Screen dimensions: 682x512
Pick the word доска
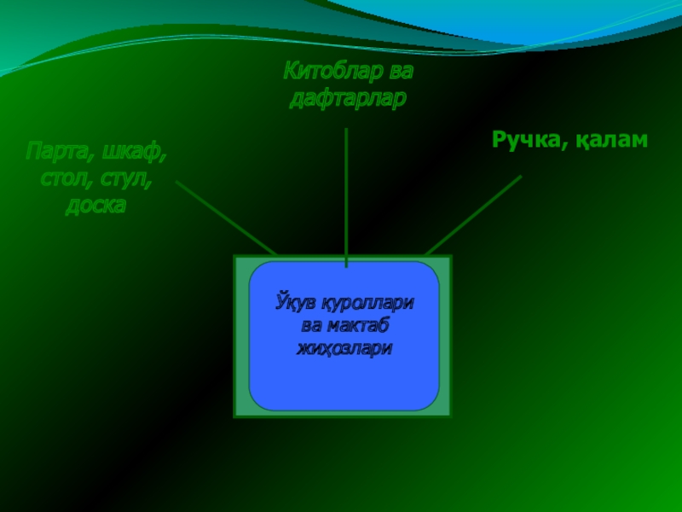(x=95, y=207)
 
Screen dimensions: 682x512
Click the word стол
(x=66, y=180)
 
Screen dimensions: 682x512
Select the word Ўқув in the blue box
(x=287, y=303)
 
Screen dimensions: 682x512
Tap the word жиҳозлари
(x=344, y=348)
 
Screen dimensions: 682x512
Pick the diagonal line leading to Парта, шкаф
(x=226, y=218)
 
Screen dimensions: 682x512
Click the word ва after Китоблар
(x=400, y=71)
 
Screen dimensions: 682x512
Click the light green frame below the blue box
(x=343, y=413)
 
